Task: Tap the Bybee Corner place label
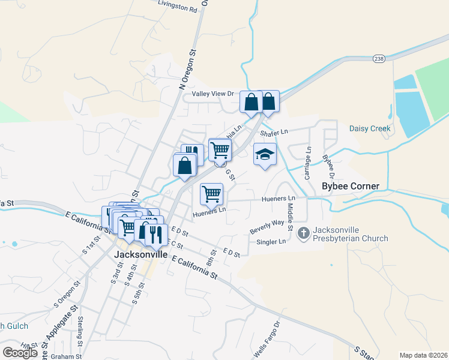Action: point(351,186)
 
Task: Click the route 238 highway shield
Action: point(378,58)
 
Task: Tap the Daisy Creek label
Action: point(370,128)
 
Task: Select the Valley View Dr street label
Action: point(212,94)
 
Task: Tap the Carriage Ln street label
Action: point(307,163)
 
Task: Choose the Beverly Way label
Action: point(267,227)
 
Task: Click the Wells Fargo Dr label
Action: point(267,340)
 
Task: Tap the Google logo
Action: point(20,353)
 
